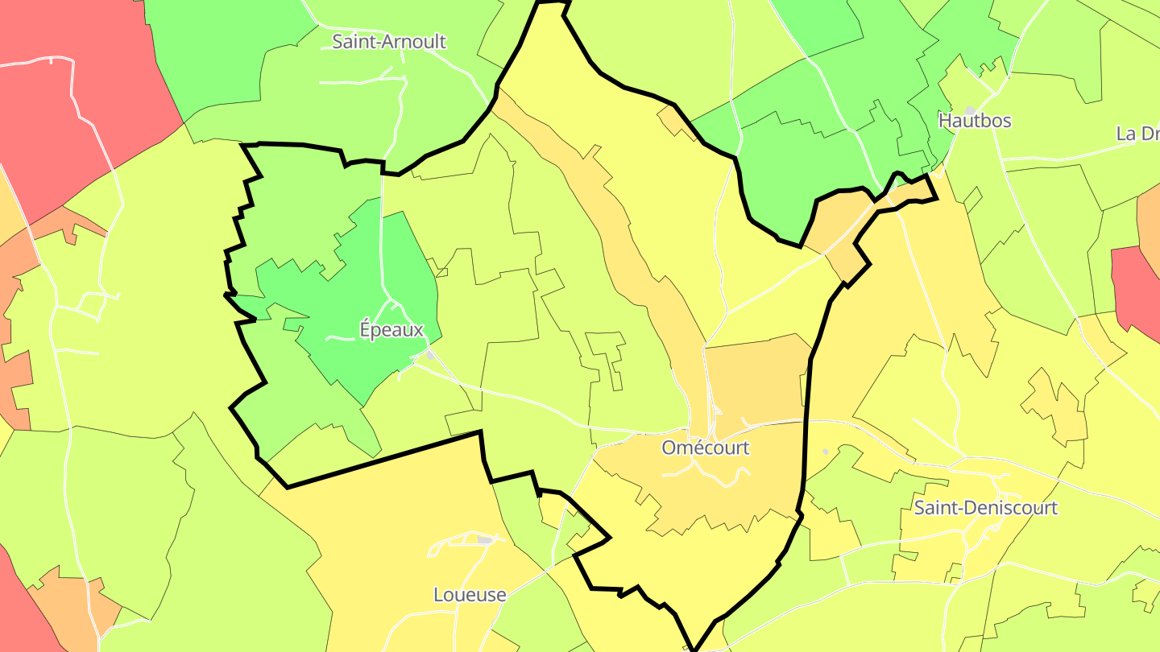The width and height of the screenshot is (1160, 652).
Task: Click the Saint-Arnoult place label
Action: tap(389, 42)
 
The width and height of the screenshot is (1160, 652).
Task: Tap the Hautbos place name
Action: tap(975, 121)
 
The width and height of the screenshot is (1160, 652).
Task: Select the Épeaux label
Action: tap(391, 329)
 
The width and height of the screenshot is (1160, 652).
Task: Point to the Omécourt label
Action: tap(706, 448)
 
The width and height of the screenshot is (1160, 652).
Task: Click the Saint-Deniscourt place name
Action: tap(985, 508)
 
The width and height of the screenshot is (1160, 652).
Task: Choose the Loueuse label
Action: tap(470, 595)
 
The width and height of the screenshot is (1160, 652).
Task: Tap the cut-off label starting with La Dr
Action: tap(1137, 134)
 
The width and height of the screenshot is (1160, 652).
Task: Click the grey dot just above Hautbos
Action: tap(970, 109)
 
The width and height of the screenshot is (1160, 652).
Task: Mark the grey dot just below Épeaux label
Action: tap(431, 354)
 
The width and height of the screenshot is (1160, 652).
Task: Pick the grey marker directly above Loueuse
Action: tap(484, 540)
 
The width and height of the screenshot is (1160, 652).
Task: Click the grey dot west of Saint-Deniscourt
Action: tap(825, 452)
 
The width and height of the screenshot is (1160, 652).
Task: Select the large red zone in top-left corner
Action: tap(72, 97)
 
